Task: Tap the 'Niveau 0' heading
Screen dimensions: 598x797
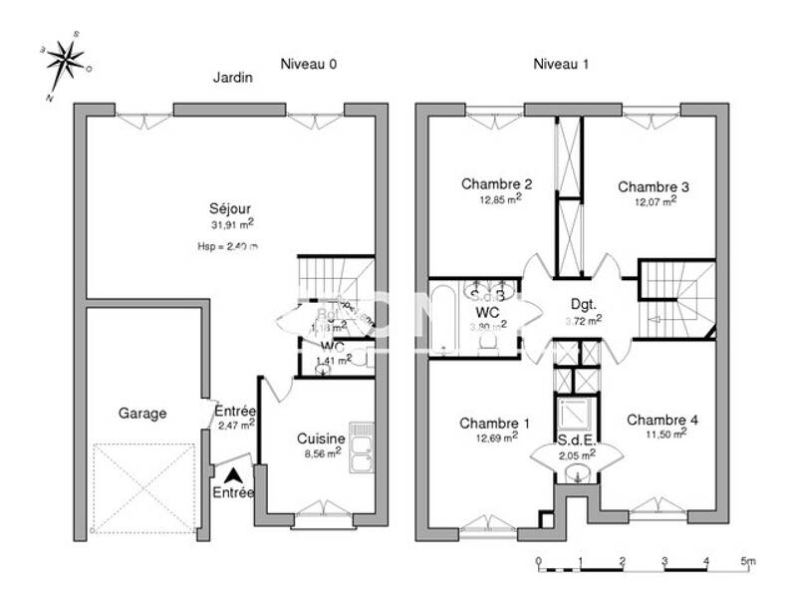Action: pos(308,64)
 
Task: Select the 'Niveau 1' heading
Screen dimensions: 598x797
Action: pos(561,64)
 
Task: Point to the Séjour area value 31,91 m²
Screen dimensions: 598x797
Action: pos(231,225)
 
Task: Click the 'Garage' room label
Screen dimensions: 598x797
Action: pos(142,413)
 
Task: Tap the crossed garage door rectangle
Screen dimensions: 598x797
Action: pos(142,488)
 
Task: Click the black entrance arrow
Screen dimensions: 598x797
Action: pos(233,476)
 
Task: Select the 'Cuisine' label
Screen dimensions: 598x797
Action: pos(321,439)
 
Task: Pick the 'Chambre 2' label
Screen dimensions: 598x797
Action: pos(496,183)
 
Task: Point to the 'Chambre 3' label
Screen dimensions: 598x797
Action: pos(654,186)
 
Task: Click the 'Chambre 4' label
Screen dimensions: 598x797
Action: pos(662,420)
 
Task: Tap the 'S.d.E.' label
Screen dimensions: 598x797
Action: pos(577,440)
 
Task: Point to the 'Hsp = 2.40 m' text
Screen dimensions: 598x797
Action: pos(228,245)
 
